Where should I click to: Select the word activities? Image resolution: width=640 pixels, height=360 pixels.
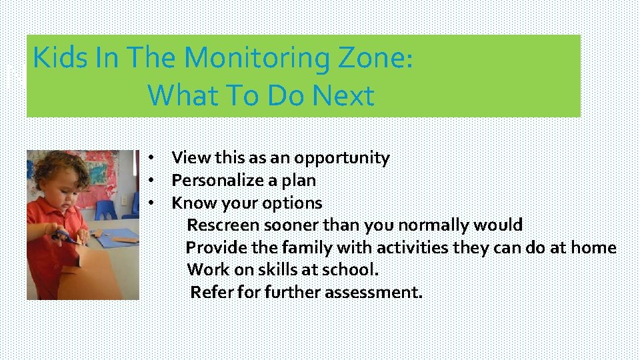pyautogui.click(x=413, y=247)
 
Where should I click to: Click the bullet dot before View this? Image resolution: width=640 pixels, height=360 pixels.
pyautogui.click(x=152, y=158)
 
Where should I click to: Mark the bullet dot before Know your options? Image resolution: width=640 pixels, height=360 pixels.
pyautogui.click(x=152, y=203)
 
